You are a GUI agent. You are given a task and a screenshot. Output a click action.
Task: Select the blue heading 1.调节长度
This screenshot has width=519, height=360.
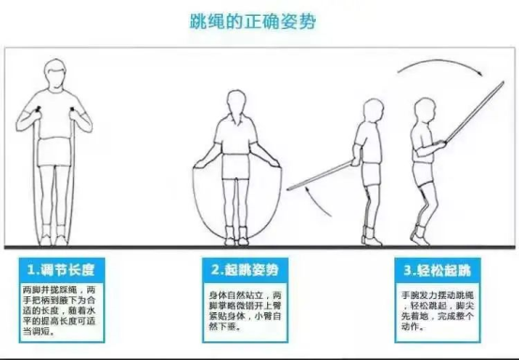[x=62, y=268]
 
